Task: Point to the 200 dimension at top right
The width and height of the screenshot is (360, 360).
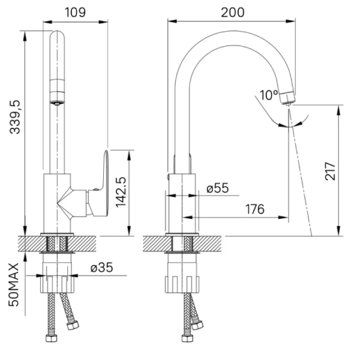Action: click(x=231, y=11)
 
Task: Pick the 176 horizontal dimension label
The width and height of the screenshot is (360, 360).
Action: click(x=254, y=209)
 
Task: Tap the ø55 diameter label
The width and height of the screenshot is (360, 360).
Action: click(x=217, y=188)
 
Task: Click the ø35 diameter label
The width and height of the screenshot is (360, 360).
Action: click(x=102, y=268)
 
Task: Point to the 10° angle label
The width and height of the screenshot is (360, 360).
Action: click(x=269, y=94)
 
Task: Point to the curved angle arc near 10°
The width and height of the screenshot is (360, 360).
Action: click(x=285, y=124)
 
